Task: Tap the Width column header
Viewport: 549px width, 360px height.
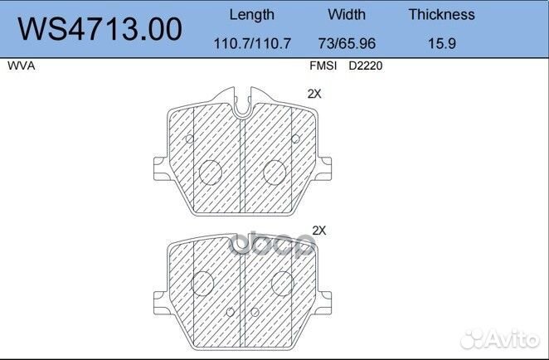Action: coord(346,14)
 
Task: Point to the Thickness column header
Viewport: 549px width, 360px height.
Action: coord(441,14)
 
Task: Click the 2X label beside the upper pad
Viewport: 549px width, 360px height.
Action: coord(313,95)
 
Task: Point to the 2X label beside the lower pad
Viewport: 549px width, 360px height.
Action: coord(318,230)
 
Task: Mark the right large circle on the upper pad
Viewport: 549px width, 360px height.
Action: coord(274,172)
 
